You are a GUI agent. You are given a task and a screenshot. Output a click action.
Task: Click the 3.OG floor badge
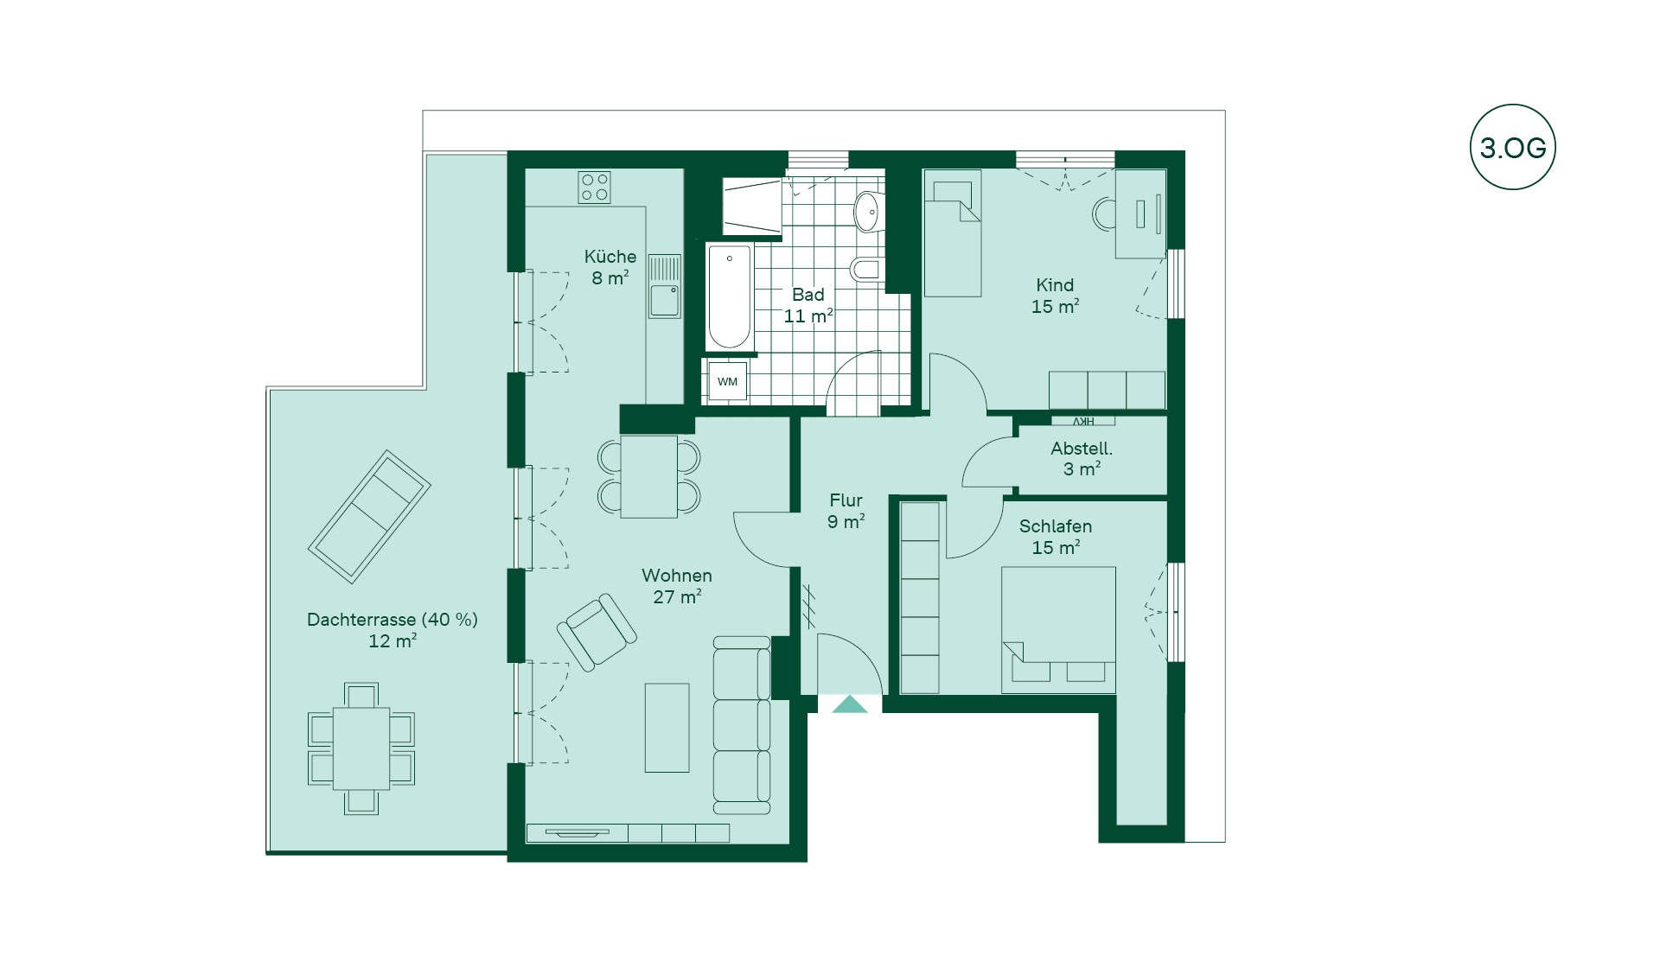1512,147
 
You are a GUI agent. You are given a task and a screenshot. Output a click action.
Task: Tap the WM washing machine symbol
727,381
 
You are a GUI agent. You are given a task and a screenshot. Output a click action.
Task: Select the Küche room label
610,257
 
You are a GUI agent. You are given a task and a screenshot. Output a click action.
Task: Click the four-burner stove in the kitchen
595,188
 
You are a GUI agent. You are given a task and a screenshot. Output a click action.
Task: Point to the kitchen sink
665,287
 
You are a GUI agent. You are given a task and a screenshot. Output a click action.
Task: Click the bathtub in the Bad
730,296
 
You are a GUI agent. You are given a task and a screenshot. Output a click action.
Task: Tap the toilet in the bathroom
867,270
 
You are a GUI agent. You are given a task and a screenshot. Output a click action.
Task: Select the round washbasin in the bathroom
868,211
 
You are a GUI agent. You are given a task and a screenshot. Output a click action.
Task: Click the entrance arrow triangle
850,704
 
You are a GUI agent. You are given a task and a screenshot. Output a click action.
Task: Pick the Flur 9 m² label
846,511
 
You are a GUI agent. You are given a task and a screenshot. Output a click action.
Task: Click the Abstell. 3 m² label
1082,458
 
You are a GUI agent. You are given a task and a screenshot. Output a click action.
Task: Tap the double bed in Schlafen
1058,629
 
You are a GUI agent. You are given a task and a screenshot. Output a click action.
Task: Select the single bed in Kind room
953,232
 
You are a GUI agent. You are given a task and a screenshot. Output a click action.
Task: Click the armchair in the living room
597,632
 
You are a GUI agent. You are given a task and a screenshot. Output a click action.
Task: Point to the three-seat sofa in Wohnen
742,725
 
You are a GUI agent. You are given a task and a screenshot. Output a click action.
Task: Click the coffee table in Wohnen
667,728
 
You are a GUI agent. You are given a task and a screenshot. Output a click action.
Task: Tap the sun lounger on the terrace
370,517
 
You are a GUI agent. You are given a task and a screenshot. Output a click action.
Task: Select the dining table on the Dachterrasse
361,748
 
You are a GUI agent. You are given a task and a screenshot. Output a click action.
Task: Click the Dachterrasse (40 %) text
393,620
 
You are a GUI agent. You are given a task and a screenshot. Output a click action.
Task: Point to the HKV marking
1083,421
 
